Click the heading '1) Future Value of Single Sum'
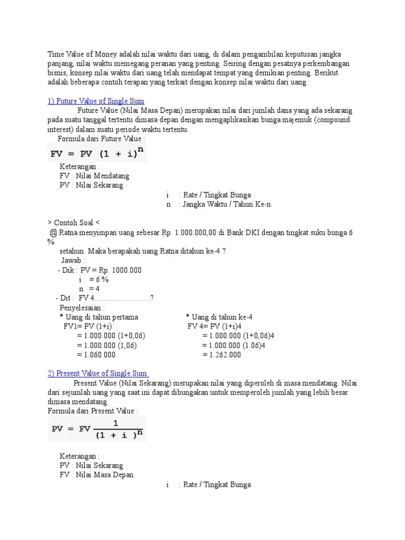coord(96,101)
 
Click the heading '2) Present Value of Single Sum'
coord(98,373)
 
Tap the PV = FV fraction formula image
coord(98,429)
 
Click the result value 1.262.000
coord(221,355)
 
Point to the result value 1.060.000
coord(96,355)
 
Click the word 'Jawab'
coord(73,261)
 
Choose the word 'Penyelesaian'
coord(82,307)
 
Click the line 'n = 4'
coord(89,289)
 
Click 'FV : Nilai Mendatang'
coord(94,176)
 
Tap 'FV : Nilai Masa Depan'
coord(97,475)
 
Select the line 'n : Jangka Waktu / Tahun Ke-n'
coord(219,205)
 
